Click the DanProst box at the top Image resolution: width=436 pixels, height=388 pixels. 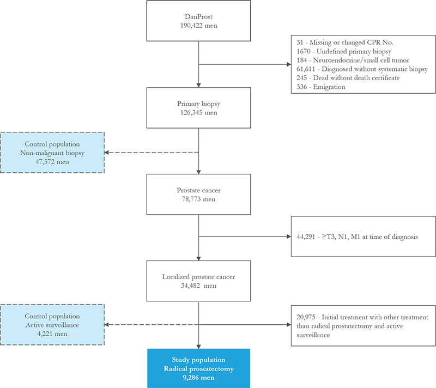tap(198, 21)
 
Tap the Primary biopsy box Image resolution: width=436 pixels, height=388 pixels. tap(198, 108)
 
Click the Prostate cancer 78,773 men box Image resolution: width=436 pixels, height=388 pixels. tap(198, 195)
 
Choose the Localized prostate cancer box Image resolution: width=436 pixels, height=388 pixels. tap(198, 281)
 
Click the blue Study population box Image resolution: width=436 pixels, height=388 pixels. tap(198, 368)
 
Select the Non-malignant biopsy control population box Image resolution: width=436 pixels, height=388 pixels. tap(52, 153)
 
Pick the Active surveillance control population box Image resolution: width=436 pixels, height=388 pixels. tap(52, 325)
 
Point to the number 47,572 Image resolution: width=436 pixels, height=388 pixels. tap(45, 162)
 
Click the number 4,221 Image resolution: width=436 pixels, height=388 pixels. tap(45, 334)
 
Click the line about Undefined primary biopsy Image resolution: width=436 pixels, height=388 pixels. tap(344, 51)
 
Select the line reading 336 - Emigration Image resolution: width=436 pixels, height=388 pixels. tap(321, 87)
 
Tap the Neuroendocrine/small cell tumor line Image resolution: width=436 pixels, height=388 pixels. tap(353, 60)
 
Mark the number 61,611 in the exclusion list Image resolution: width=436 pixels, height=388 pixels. tap(306, 69)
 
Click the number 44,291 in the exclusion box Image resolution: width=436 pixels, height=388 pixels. tap(306, 237)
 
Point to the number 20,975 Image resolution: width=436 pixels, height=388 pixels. tap(306, 317)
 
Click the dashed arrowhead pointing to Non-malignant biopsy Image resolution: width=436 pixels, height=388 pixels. tap(106, 153)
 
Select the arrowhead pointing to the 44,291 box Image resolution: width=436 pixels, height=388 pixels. tap(289, 237)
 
